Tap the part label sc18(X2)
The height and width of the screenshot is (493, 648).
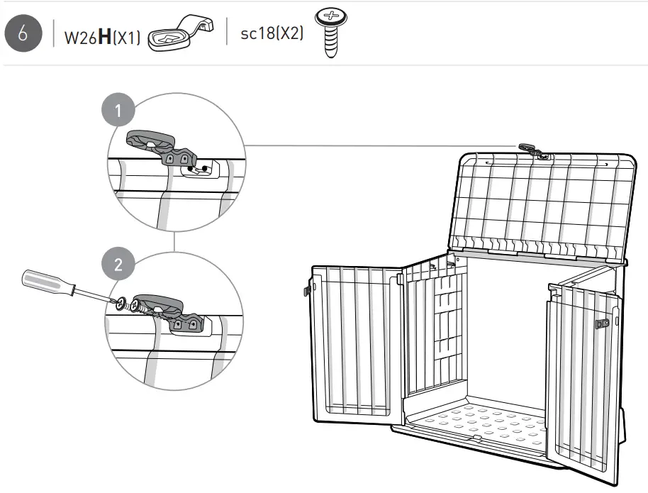(x=272, y=35)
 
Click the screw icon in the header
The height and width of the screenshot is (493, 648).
(x=328, y=33)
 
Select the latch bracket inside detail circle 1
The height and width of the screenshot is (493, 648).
(x=160, y=146)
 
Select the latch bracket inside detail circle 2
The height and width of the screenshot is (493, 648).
(x=170, y=312)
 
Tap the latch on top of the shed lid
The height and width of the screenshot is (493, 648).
(x=532, y=149)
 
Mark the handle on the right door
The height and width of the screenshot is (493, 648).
(x=601, y=323)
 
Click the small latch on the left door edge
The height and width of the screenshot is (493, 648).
(x=308, y=290)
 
